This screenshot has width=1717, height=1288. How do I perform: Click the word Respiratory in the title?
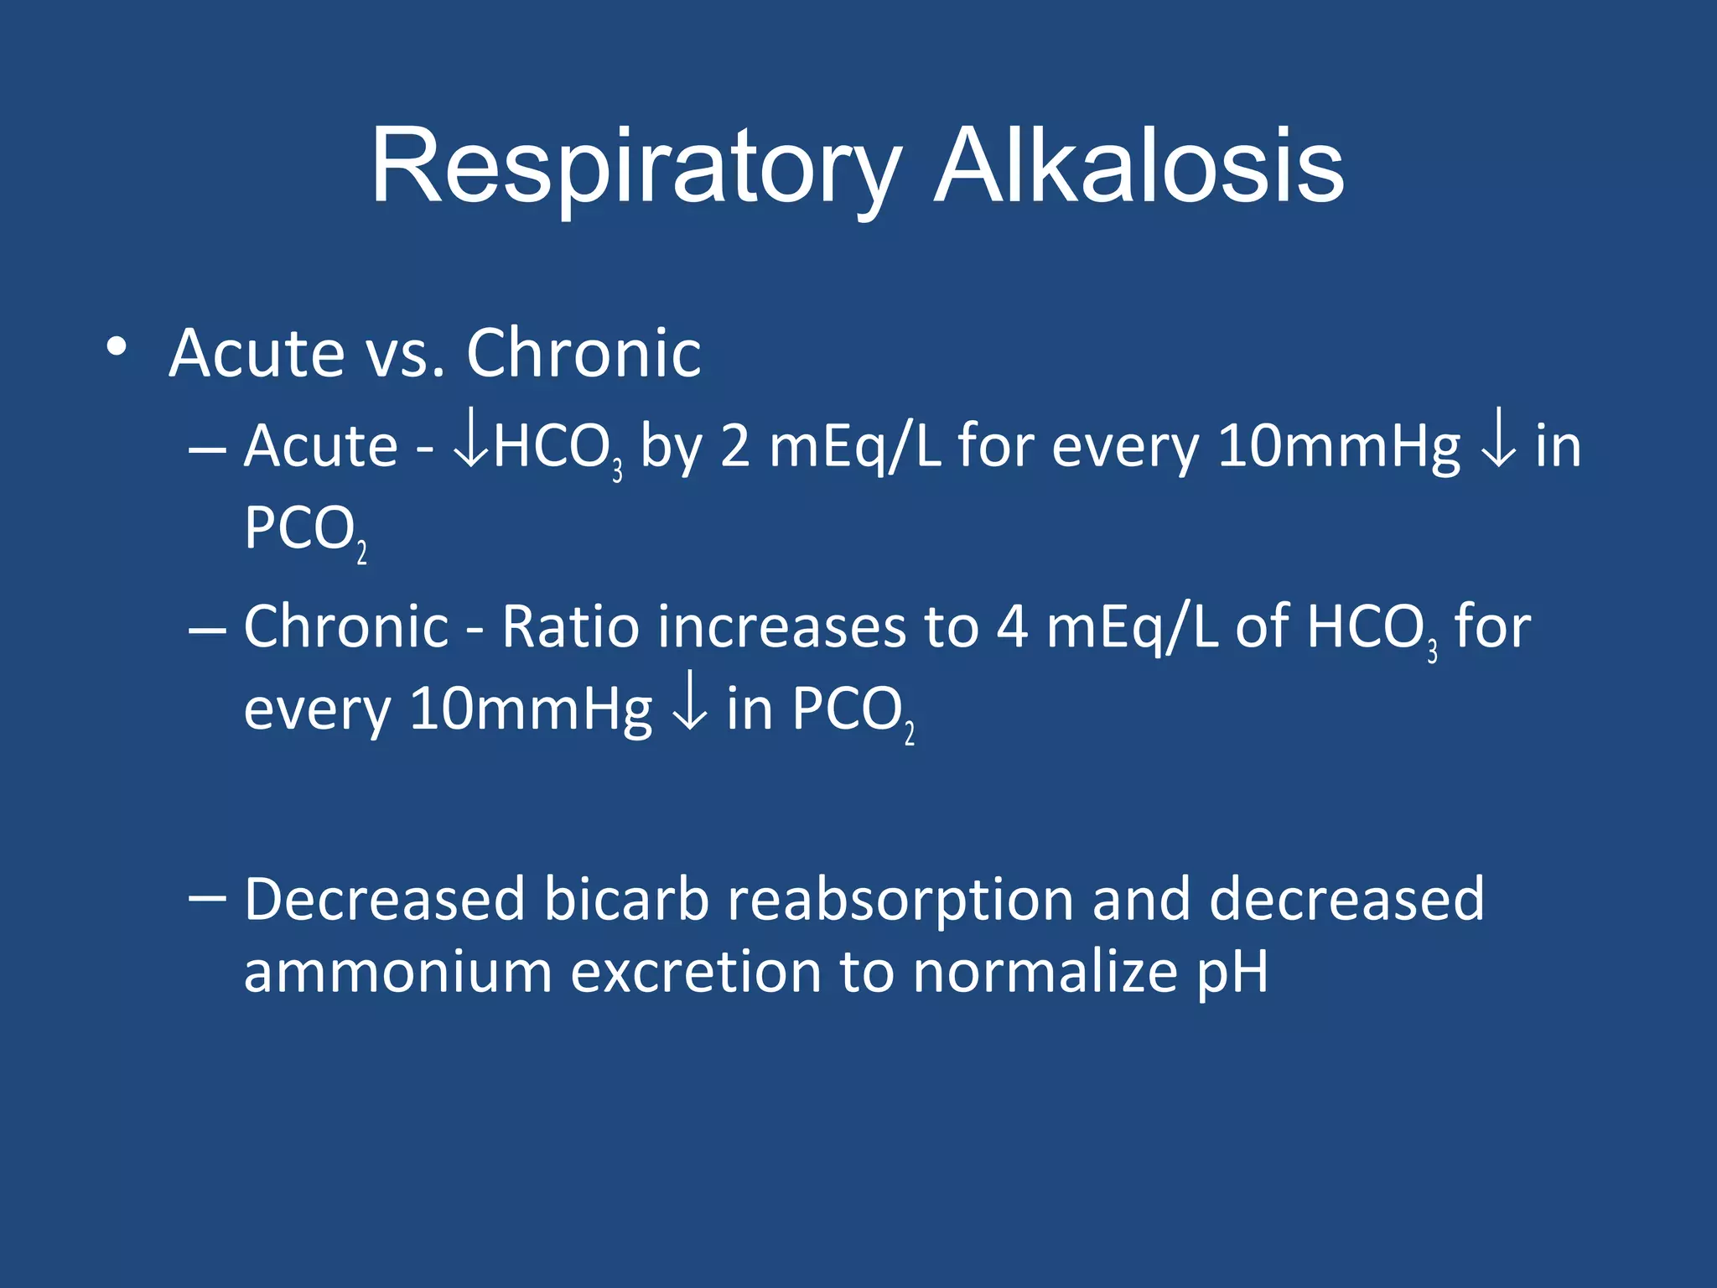[635, 168]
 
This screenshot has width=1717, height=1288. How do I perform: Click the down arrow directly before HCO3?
[471, 446]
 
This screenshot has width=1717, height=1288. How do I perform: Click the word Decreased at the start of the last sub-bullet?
[384, 900]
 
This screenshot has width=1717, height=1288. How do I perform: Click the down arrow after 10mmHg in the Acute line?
[1498, 446]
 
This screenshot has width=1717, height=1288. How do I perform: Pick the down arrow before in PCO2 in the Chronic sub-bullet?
[689, 709]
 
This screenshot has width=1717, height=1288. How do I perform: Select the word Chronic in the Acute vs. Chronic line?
[584, 354]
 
